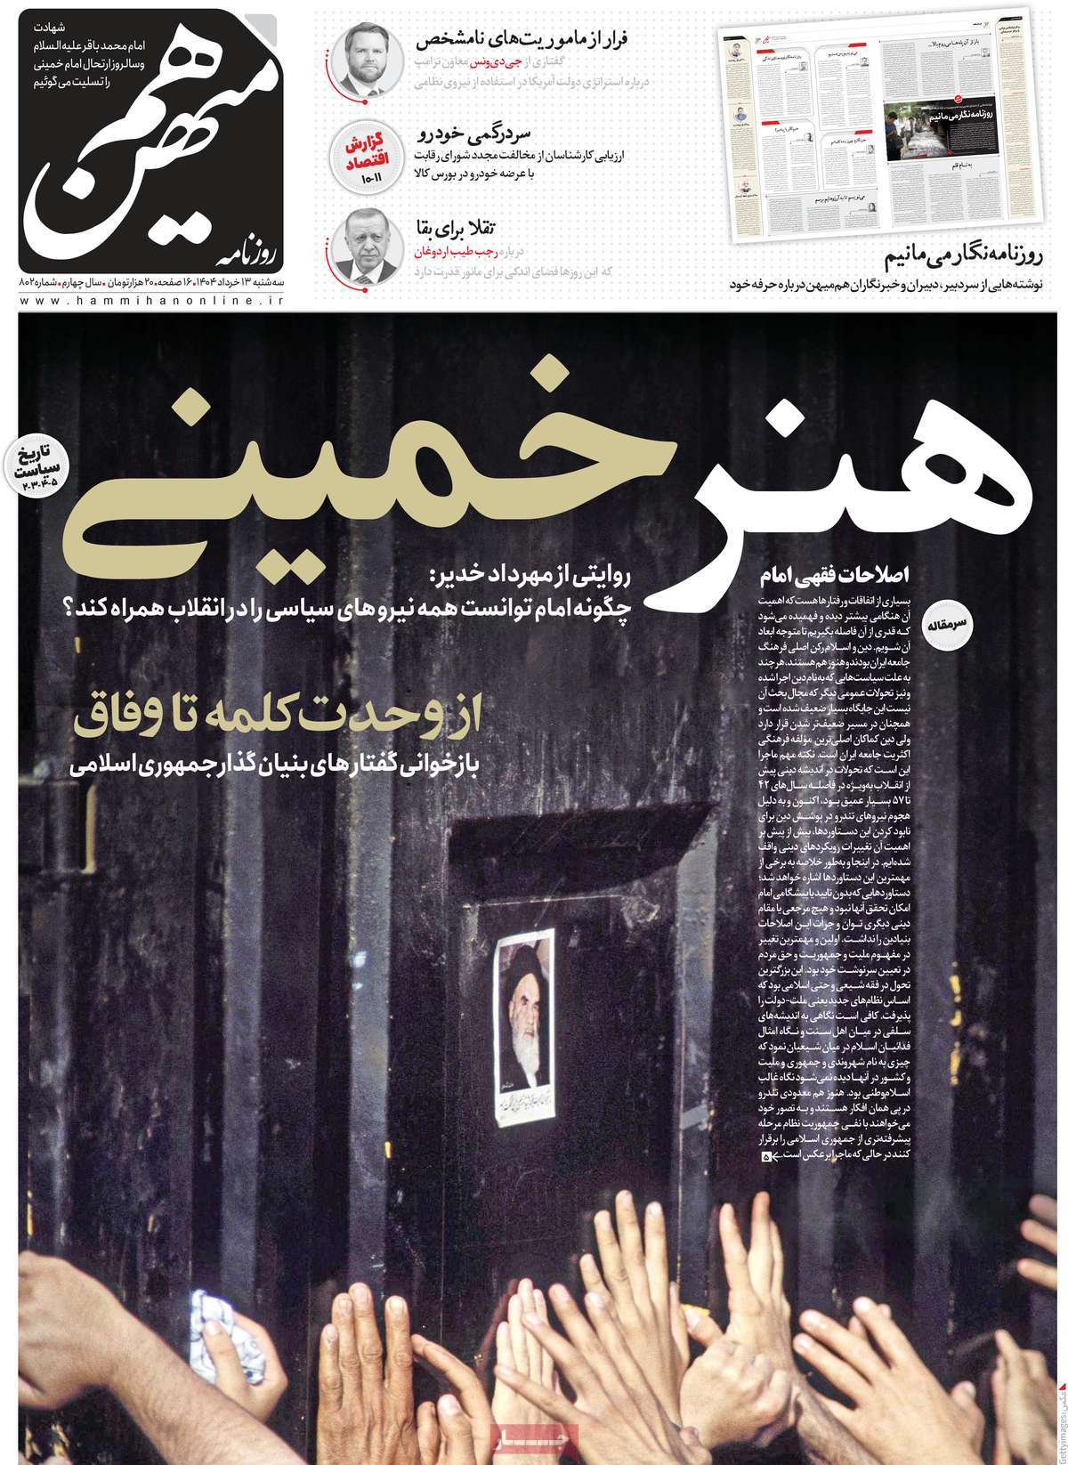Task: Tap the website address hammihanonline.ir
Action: tap(151, 303)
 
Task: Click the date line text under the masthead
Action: tap(151, 283)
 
